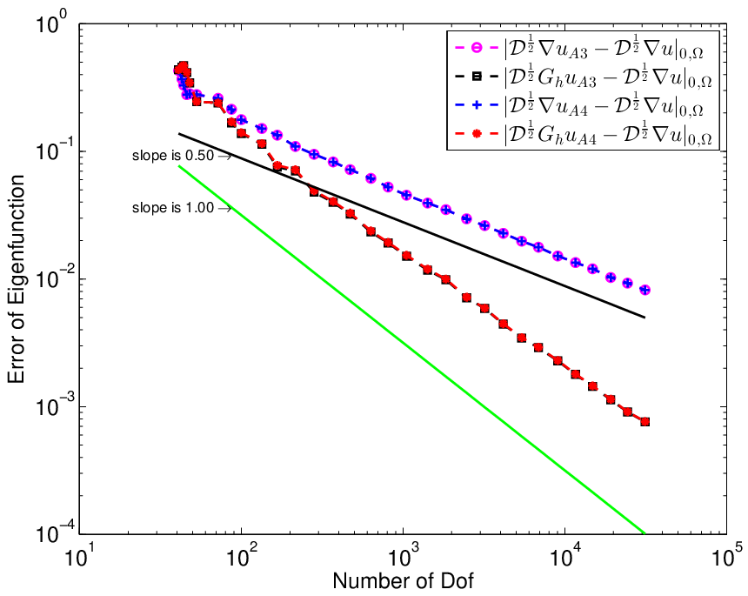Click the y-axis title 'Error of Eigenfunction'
click(x=17, y=279)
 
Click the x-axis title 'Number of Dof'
click(x=403, y=580)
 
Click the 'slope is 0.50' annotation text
click(x=173, y=156)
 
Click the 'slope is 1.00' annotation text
click(x=173, y=208)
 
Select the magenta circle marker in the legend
click(x=476, y=48)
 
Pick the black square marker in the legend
click(x=476, y=77)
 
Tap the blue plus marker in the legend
click(x=476, y=105)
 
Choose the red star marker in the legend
click(x=476, y=134)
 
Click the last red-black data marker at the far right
click(x=645, y=421)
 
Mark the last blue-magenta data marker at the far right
click(x=645, y=290)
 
